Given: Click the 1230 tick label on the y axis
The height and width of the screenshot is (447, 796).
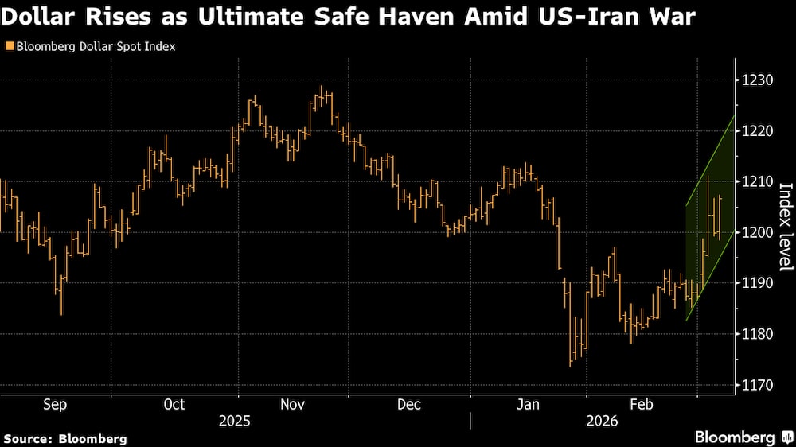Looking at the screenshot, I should click(757, 80).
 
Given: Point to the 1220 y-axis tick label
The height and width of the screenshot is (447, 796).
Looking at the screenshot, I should click(757, 130).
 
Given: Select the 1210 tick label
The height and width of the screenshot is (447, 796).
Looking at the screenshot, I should click(757, 181).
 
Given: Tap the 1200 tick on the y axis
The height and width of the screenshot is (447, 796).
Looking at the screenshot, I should click(757, 232).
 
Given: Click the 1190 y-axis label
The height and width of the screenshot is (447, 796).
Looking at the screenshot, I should click(757, 283).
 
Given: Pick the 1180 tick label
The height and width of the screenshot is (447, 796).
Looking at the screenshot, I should click(757, 334).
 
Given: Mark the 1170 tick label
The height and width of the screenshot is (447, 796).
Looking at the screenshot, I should click(757, 385).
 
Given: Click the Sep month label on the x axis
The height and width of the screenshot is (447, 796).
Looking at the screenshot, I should click(55, 404).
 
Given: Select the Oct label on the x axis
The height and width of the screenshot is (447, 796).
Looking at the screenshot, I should click(174, 404).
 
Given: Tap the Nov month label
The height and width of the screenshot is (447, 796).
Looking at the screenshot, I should click(293, 404).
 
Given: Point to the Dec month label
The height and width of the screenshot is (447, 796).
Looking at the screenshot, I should click(408, 404).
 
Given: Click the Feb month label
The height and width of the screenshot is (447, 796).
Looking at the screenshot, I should click(641, 404).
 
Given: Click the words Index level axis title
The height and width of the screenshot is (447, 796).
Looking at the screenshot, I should click(785, 227).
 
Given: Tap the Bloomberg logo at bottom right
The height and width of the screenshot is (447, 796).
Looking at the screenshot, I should click(735, 437).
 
